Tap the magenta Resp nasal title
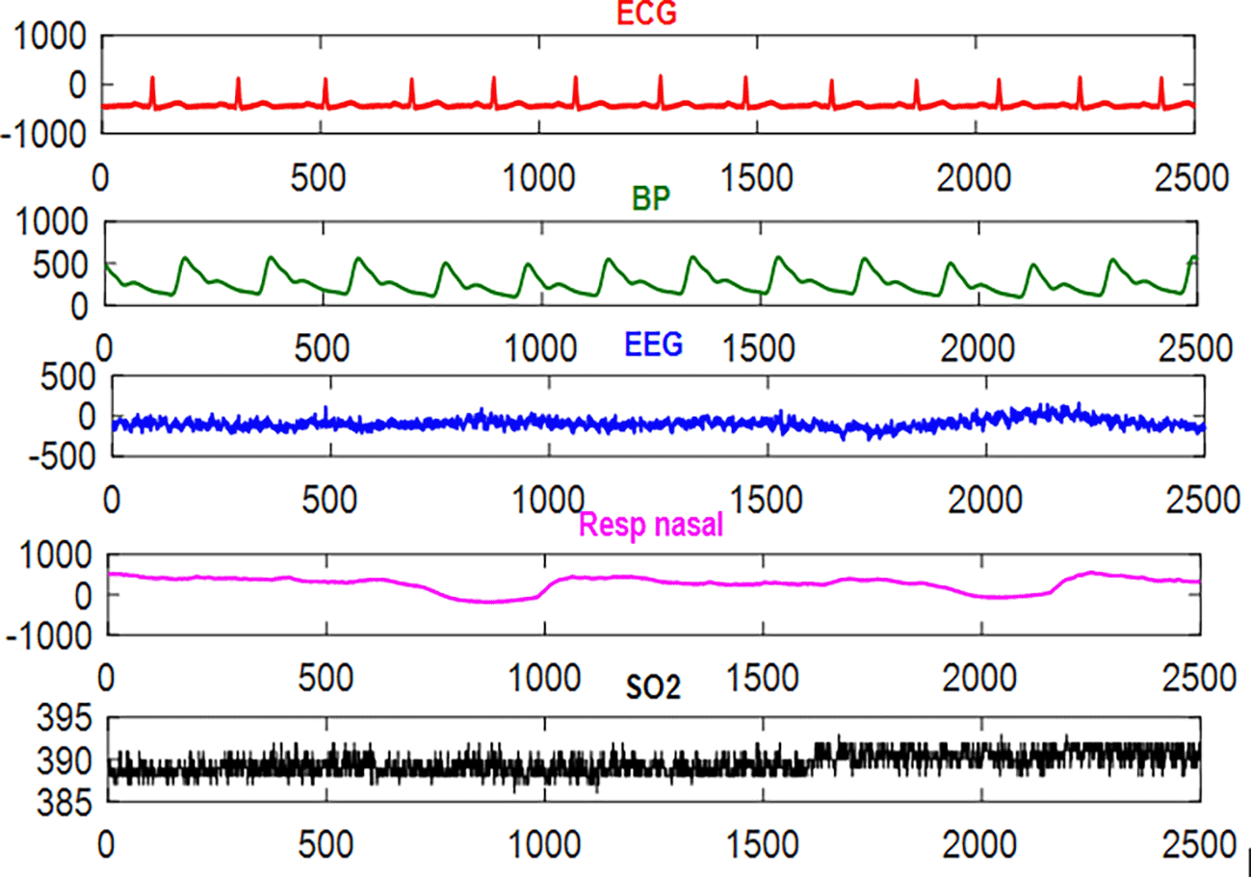tap(650, 526)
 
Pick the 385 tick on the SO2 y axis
tap(65, 802)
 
